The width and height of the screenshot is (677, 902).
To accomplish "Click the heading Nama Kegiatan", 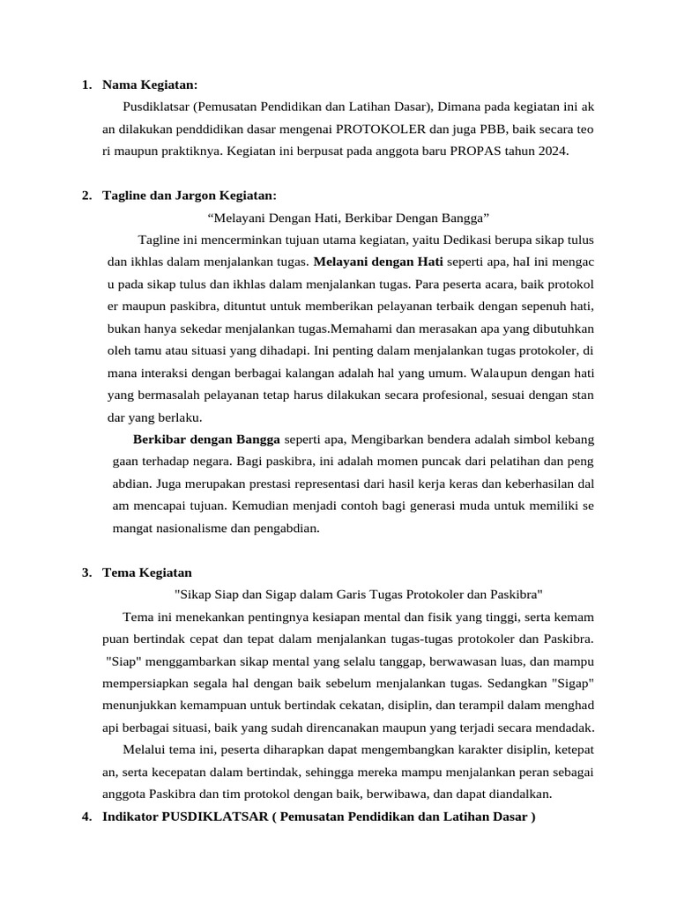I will point(150,85).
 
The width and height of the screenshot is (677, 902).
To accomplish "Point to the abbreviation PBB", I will point(467,129).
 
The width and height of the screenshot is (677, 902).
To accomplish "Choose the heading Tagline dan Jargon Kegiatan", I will point(190,195).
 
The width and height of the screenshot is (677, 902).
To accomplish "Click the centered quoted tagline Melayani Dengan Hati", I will point(348,217).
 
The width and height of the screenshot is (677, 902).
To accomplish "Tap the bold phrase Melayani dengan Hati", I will point(379,261).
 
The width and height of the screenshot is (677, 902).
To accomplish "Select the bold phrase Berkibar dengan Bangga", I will point(206,438).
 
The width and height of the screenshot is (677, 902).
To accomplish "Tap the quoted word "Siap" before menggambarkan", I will point(120,662).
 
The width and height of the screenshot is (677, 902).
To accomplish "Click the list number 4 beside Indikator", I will point(86,816).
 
